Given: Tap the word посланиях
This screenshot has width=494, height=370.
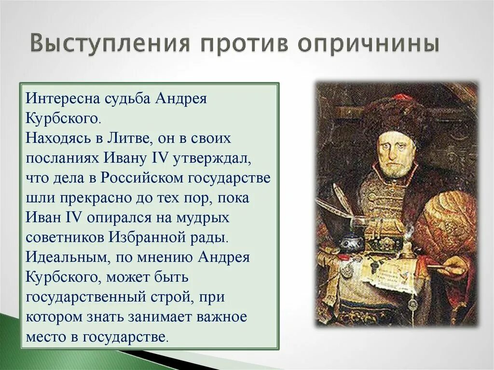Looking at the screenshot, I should [60, 158].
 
